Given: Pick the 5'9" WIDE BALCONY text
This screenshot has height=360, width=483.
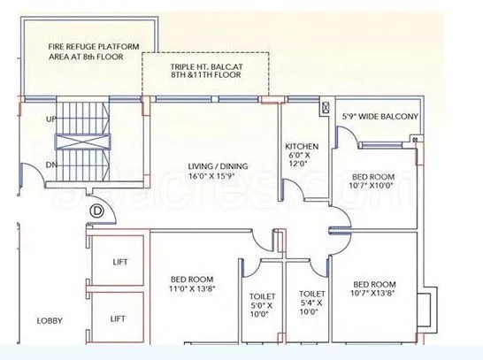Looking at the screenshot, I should pyautogui.click(x=379, y=116).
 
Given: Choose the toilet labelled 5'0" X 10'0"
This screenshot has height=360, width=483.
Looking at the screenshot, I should pyautogui.click(x=263, y=304).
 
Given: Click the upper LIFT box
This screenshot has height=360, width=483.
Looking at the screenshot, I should pyautogui.click(x=119, y=262).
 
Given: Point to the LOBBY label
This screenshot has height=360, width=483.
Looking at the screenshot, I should pyautogui.click(x=49, y=321).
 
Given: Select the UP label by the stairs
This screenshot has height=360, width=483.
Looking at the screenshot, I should pyautogui.click(x=50, y=118).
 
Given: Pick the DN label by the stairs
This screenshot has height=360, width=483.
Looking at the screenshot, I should pyautogui.click(x=50, y=165).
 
